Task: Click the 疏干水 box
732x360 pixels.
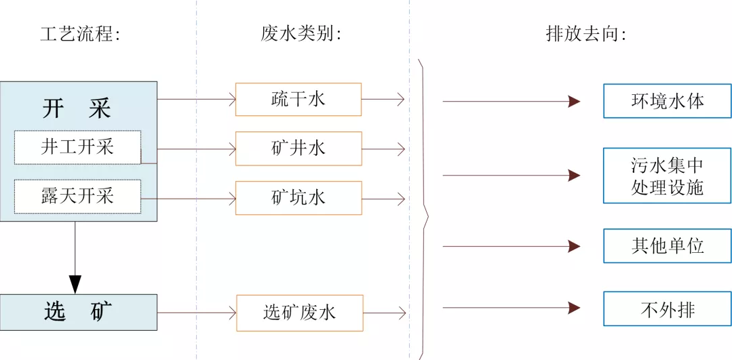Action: [298, 99]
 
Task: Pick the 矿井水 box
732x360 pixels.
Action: [298, 148]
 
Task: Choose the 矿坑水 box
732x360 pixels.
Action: [298, 198]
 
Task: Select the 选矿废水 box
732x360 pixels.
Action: [299, 313]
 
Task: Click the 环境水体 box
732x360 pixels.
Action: [668, 101]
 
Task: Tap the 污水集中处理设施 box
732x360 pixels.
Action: [668, 176]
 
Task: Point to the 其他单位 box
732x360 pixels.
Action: [668, 245]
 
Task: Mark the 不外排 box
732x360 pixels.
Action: [668, 308]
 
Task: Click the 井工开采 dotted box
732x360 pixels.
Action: [77, 147]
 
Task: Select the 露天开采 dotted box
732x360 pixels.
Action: [77, 197]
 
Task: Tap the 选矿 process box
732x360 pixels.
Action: [79, 312]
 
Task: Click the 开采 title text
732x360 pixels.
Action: [76, 108]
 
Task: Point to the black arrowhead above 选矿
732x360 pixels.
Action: [75, 283]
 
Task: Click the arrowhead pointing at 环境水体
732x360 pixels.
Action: [574, 102]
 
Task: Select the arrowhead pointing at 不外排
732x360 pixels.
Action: [574, 308]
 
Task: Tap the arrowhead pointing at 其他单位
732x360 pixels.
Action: [574, 245]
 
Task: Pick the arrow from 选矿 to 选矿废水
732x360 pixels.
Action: [196, 313]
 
